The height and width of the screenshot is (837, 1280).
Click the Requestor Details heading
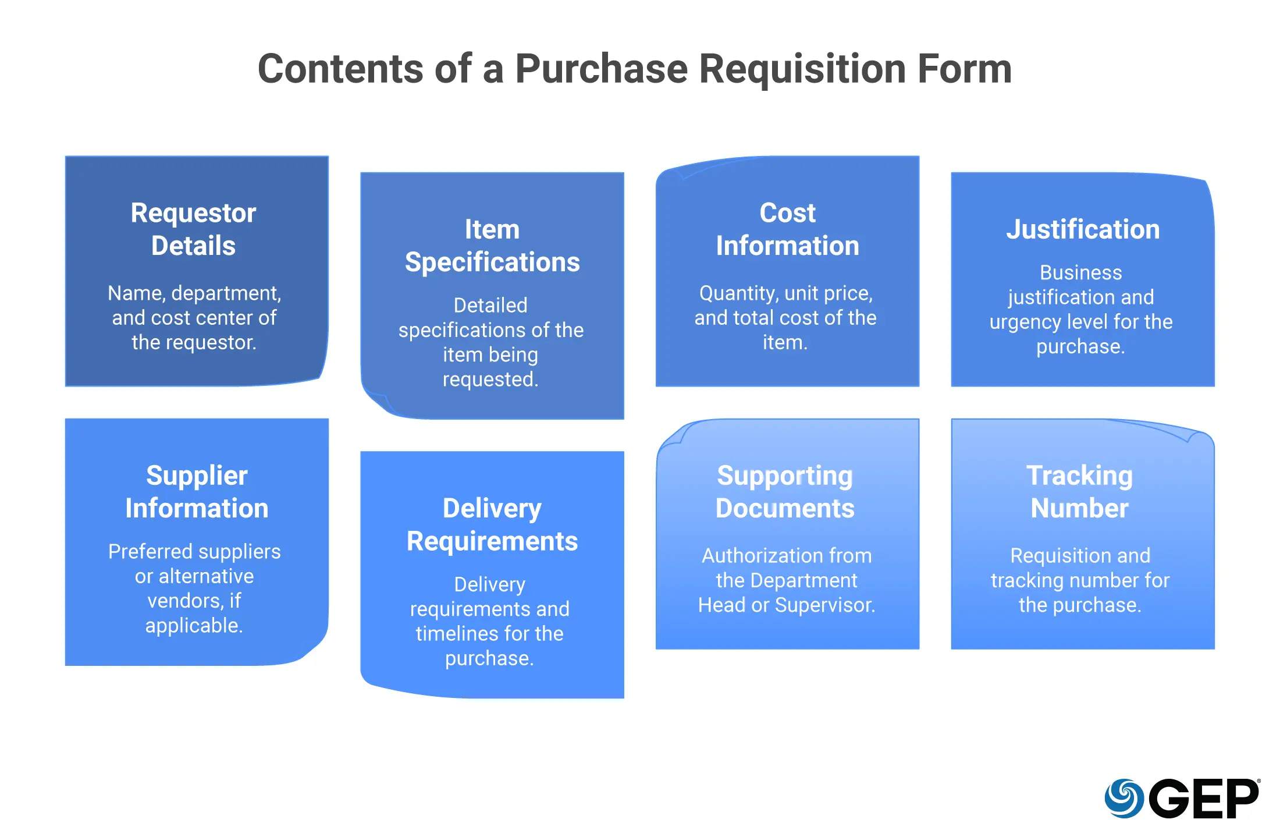[193, 229]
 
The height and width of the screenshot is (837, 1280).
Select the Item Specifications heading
[492, 246]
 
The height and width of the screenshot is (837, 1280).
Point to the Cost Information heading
[787, 229]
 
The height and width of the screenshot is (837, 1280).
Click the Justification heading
[1083, 229]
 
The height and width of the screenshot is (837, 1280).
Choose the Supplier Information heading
[197, 492]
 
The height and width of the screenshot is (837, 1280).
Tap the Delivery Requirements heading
[492, 524]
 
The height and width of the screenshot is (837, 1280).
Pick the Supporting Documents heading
[785, 492]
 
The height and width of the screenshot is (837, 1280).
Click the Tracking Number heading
[1079, 492]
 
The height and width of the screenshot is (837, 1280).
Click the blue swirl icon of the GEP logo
[1124, 798]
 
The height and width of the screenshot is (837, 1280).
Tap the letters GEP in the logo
[1204, 799]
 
